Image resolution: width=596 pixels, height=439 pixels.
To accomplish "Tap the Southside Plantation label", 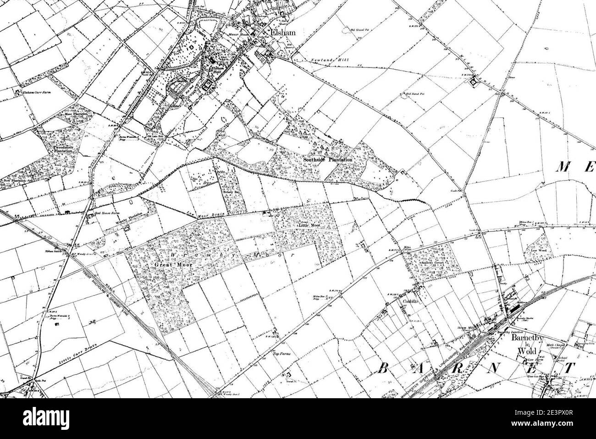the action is pyautogui.click(x=328, y=159).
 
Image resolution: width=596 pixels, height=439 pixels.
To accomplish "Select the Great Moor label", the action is pyautogui.click(x=169, y=264).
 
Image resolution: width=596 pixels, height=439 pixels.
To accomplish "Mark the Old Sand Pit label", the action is pyautogui.click(x=415, y=94).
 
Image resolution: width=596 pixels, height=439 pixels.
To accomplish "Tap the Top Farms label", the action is pyautogui.click(x=282, y=353).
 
